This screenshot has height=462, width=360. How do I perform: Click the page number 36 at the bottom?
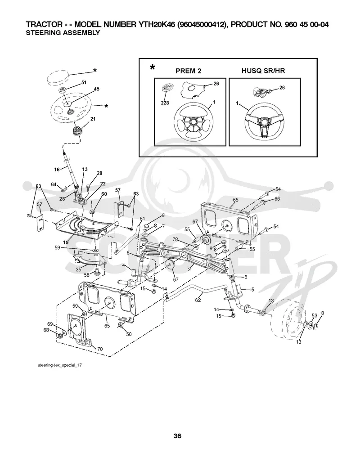click(x=177, y=436)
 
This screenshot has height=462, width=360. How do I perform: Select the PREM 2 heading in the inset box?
click(x=189, y=71)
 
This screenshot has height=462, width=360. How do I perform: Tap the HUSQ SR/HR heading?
click(x=263, y=71)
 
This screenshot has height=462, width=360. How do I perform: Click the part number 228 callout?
click(x=165, y=103)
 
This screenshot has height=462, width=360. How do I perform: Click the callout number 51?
click(x=84, y=82)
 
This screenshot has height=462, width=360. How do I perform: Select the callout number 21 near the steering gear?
click(x=93, y=119)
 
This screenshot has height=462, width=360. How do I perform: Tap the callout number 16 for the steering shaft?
click(x=57, y=170)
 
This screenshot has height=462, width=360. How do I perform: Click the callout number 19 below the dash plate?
click(x=66, y=242)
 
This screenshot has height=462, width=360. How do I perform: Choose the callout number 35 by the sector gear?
click(x=78, y=269)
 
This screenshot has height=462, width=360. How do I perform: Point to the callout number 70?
click(x=100, y=349)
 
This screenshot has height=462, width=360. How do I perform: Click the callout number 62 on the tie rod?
click(x=198, y=300)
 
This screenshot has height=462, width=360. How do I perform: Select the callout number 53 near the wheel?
click(x=315, y=315)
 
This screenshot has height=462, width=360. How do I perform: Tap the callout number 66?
click(x=277, y=199)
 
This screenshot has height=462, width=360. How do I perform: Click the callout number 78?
click(x=175, y=239)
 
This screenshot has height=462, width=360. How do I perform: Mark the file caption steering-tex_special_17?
click(x=60, y=365)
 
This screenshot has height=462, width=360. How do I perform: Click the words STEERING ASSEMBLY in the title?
click(x=63, y=33)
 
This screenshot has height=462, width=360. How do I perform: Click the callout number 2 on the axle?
click(x=189, y=269)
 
